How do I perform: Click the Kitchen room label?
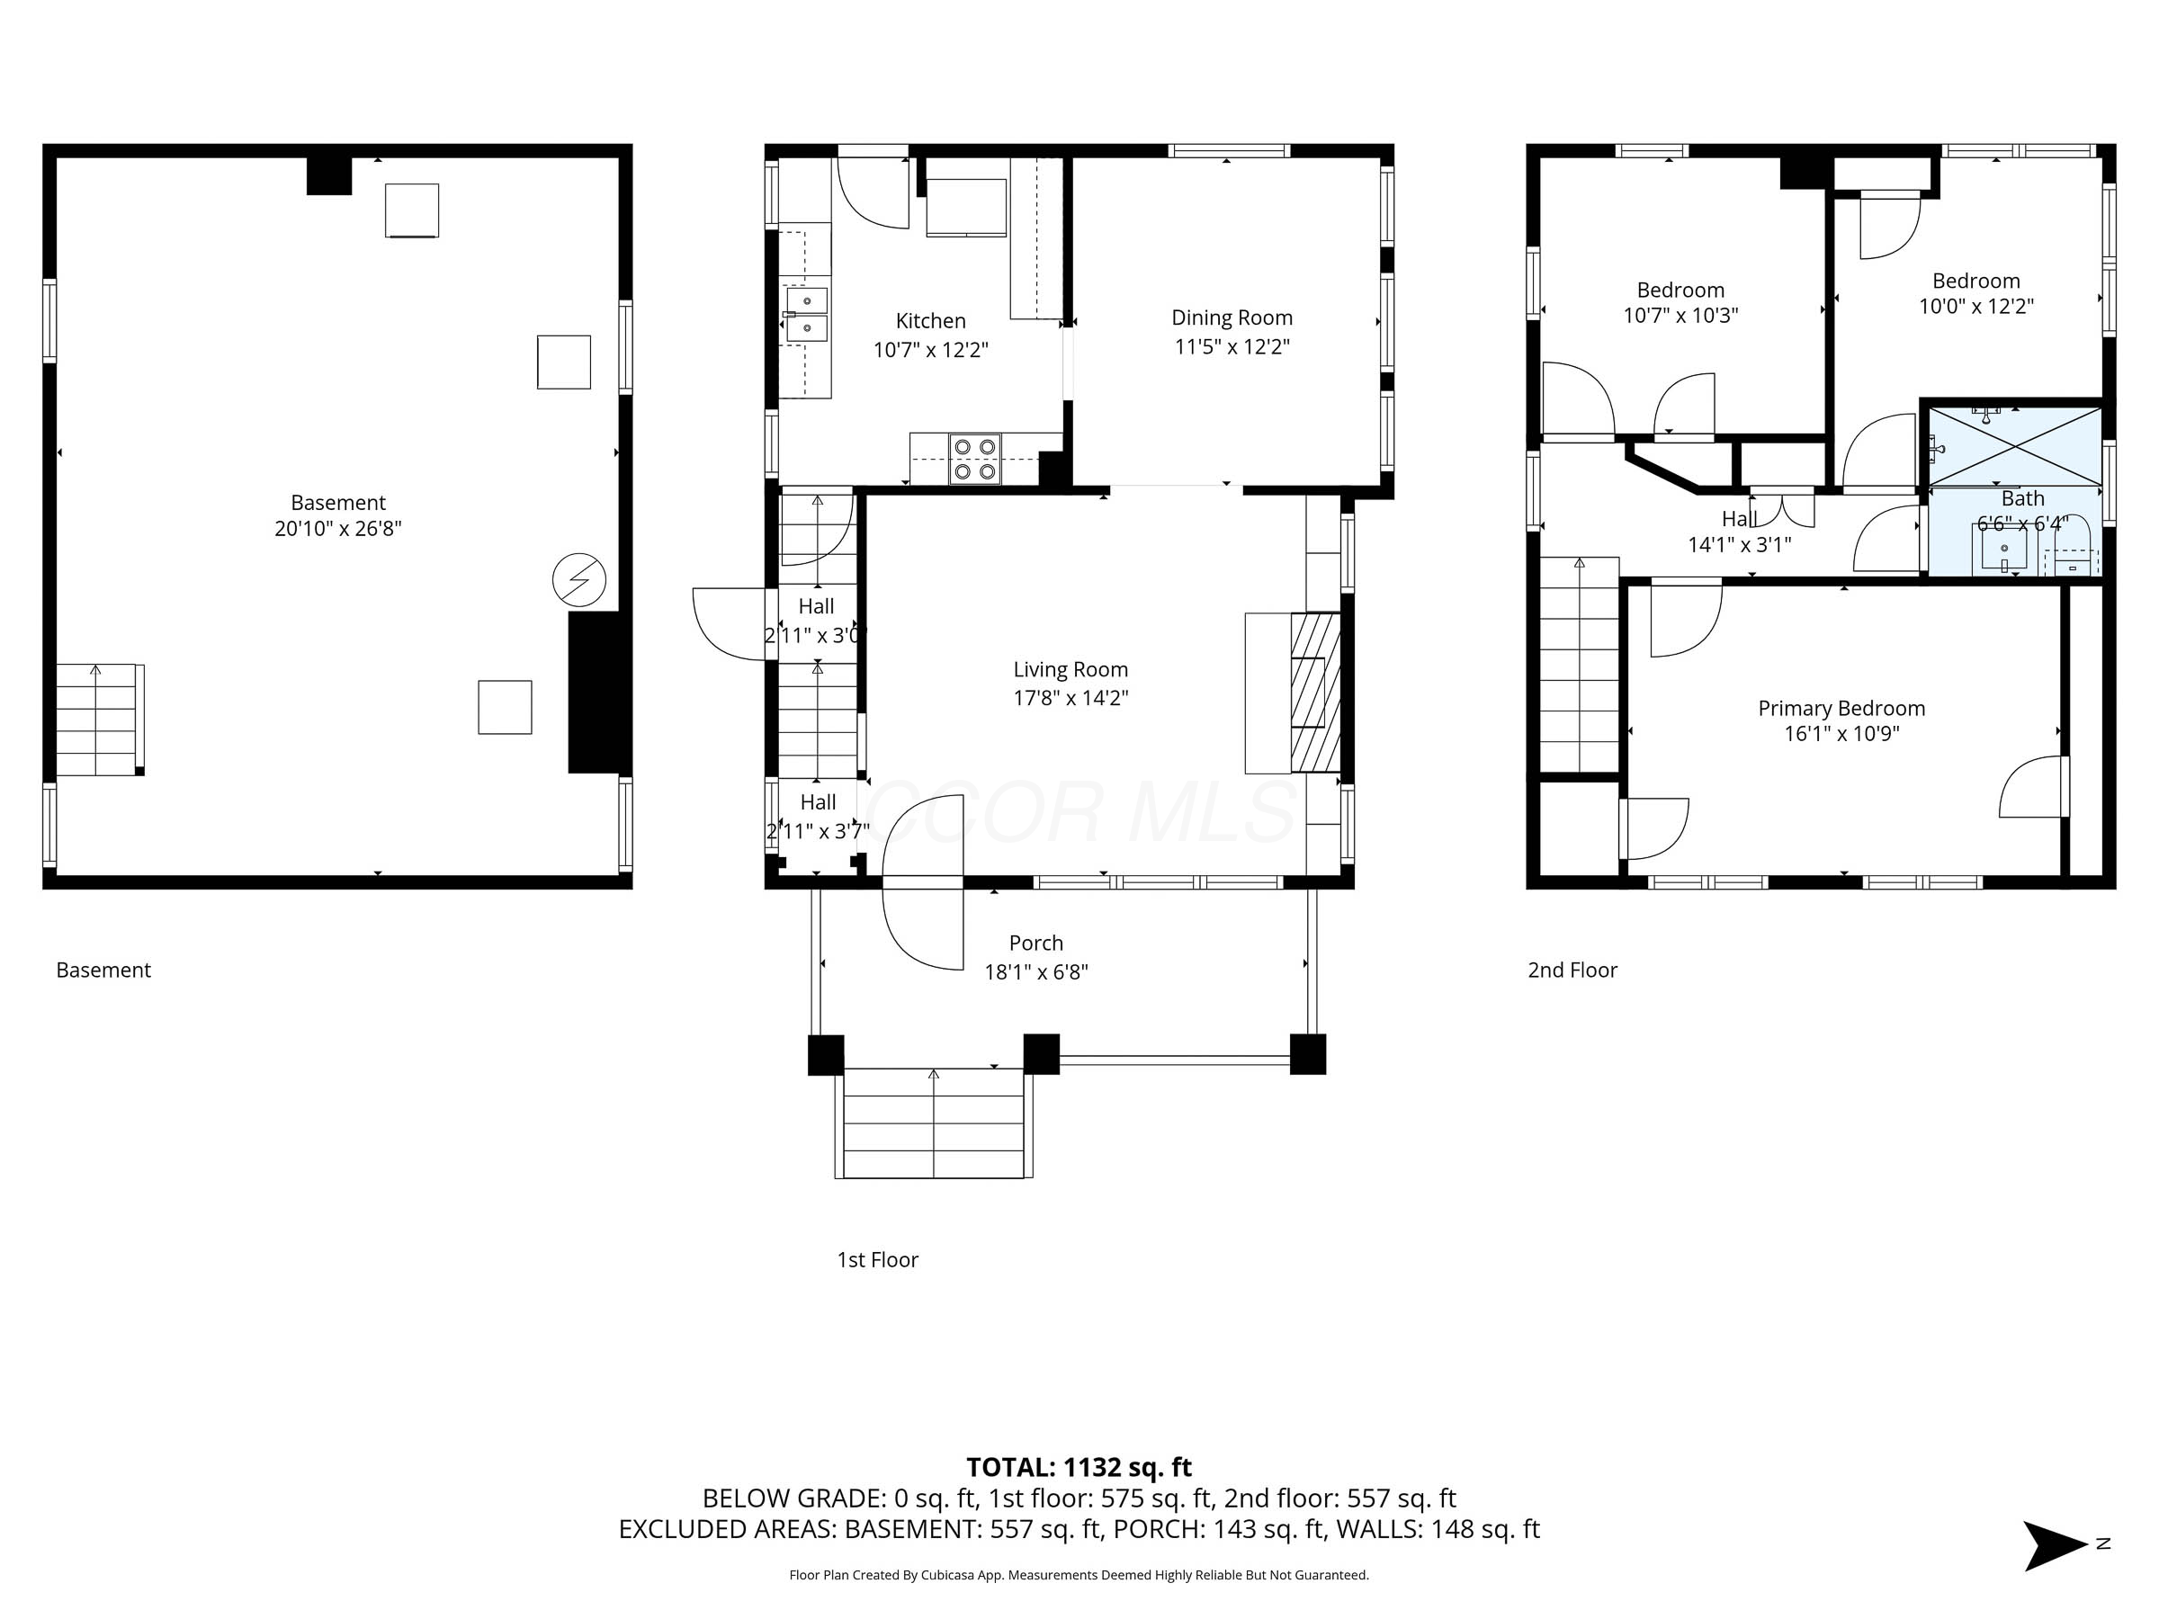tap(930, 321)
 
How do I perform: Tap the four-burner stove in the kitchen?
tap(975, 459)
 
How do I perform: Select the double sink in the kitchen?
tap(807, 314)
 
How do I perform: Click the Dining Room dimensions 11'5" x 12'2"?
tap(1232, 346)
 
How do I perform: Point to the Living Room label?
tap(1070, 669)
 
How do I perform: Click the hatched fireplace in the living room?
tap(1316, 693)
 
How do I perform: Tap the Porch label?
tap(1035, 943)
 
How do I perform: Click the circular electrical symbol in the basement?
tap(578, 581)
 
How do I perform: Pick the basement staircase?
tap(97, 720)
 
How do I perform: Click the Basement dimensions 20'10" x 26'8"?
tap(337, 529)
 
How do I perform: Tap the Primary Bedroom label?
tap(1841, 709)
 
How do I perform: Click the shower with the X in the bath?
tap(2014, 446)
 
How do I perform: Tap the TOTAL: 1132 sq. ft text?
tap(1079, 1467)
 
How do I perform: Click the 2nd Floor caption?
tap(1572, 970)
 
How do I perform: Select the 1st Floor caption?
tap(876, 1260)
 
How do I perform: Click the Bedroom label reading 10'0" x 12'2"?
tap(1975, 307)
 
